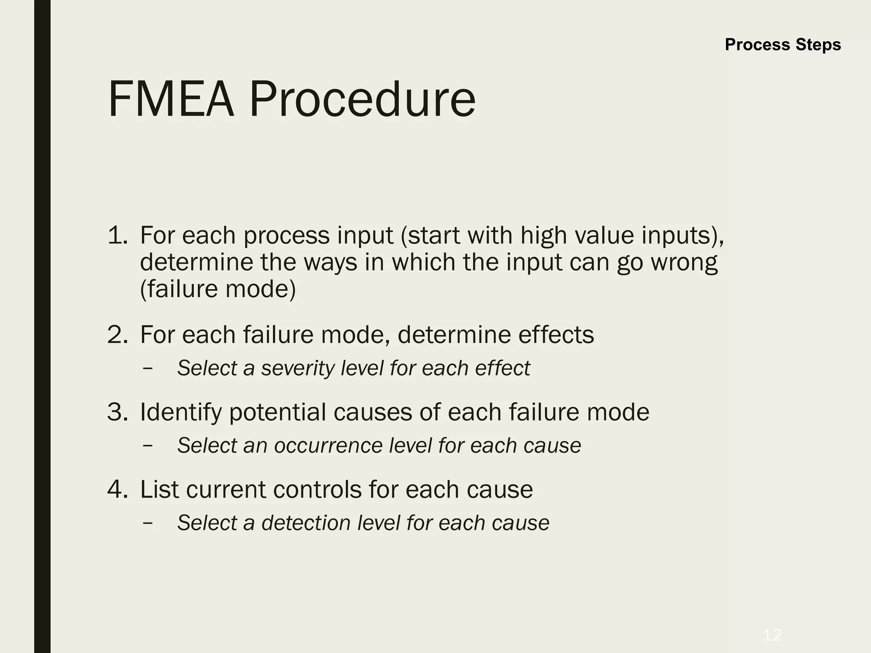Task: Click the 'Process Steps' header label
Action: [x=783, y=45]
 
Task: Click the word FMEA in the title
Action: [x=171, y=99]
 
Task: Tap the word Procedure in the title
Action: [x=362, y=99]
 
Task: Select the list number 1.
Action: [x=117, y=235]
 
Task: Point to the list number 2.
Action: [x=117, y=335]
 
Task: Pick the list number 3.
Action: [x=117, y=412]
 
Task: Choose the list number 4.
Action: [x=117, y=489]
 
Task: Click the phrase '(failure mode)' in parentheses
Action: [x=218, y=289]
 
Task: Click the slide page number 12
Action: [x=772, y=636]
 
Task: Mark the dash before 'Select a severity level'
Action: [x=148, y=368]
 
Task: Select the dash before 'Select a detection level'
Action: [x=148, y=523]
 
